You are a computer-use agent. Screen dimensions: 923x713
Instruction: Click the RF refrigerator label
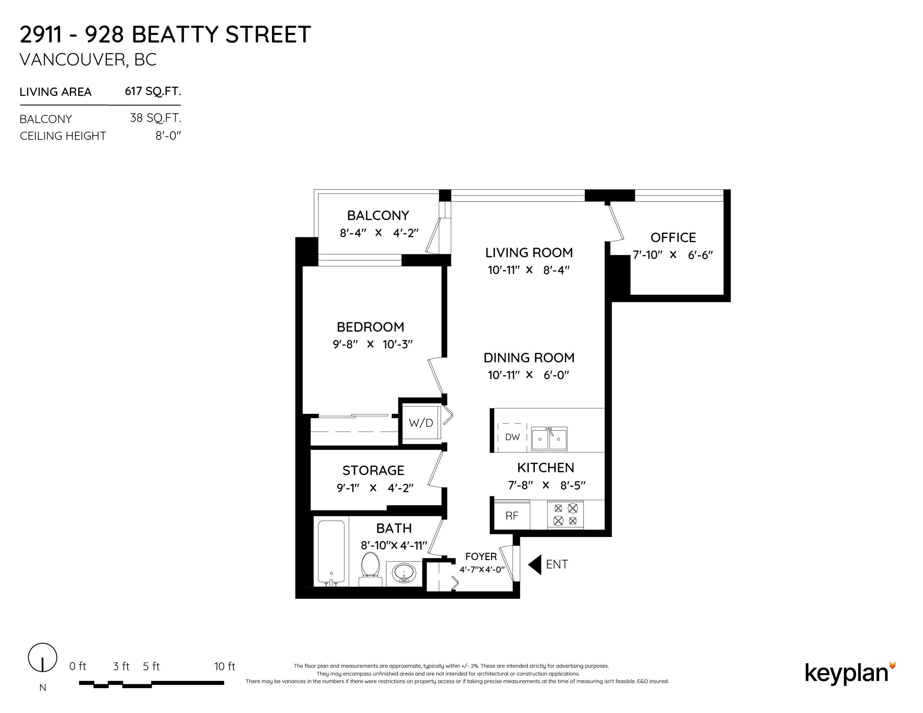[x=512, y=516]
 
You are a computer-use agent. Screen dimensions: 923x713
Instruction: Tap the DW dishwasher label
[x=513, y=437]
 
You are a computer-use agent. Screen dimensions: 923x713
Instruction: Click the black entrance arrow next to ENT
[x=535, y=564]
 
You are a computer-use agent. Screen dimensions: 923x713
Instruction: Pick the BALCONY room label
[x=378, y=216]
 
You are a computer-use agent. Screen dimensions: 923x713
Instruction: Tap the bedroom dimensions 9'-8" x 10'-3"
[x=372, y=344]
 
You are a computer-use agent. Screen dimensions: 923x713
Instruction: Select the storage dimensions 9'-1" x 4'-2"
[x=374, y=488]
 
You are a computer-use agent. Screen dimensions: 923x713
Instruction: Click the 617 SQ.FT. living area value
[x=153, y=91]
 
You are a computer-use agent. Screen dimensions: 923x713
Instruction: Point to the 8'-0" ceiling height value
[x=168, y=136]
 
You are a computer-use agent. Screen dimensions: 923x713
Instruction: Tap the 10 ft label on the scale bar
[x=225, y=666]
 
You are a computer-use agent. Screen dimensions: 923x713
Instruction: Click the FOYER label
[x=481, y=556]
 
